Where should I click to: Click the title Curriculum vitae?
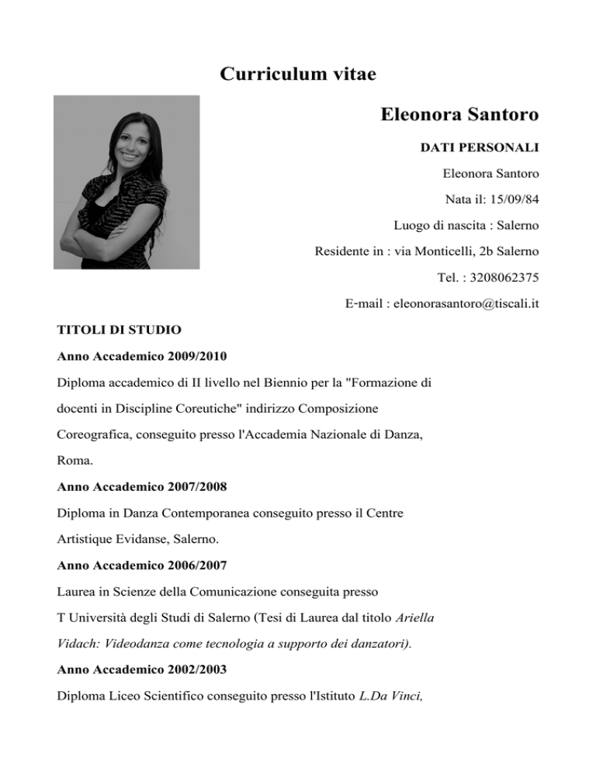click(298, 74)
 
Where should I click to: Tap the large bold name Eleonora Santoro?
click(459, 116)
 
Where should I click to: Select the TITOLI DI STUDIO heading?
click(120, 330)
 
